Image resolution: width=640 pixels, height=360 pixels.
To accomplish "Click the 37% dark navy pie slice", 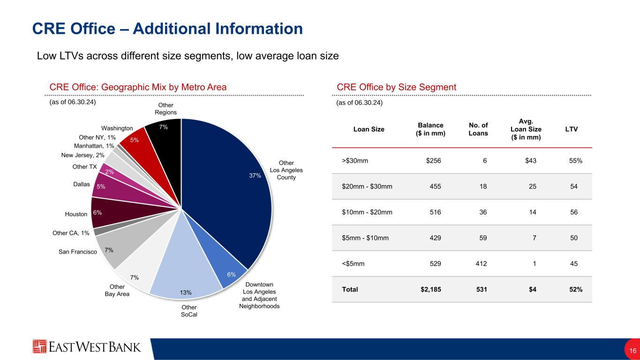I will [230, 187].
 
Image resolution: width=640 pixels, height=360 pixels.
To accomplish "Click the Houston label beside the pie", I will [76, 214].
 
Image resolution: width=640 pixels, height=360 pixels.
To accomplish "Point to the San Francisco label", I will [78, 252].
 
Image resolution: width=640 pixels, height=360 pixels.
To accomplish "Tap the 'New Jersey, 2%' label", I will [83, 155].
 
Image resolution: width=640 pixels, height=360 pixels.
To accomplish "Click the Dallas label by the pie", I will [82, 185].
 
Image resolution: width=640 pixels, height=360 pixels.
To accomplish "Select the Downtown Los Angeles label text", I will [259, 295].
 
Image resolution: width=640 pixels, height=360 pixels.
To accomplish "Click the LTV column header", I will [571, 129].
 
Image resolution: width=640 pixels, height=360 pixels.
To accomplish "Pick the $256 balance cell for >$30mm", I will [433, 161].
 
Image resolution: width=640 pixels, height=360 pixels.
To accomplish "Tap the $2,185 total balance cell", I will [431, 289].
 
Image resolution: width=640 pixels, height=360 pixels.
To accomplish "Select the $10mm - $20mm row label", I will [367, 212].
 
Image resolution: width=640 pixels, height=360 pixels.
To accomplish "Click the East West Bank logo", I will [87, 347].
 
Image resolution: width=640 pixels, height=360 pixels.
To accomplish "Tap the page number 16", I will [632, 351].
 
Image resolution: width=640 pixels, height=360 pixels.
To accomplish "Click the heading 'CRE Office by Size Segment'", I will [397, 87].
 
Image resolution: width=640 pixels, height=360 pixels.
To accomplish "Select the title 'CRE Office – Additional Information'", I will [167, 29].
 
